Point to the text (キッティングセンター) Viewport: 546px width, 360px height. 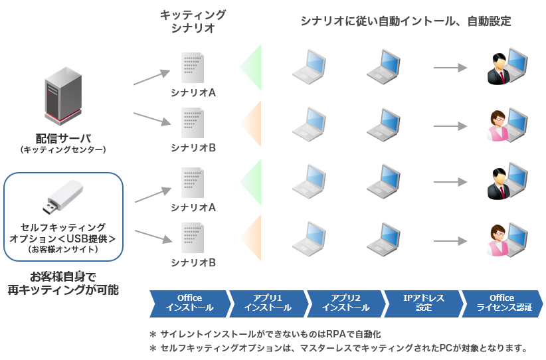coord(63,150)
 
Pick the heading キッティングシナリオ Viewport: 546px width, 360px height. coord(193,21)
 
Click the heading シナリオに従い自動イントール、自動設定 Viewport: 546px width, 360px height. coord(406,21)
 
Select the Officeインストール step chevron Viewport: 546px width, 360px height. coord(189,303)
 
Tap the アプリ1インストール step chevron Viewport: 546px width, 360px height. coord(268,303)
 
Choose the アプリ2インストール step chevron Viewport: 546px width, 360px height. coord(345,303)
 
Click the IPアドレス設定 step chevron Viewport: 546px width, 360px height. coord(423,303)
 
